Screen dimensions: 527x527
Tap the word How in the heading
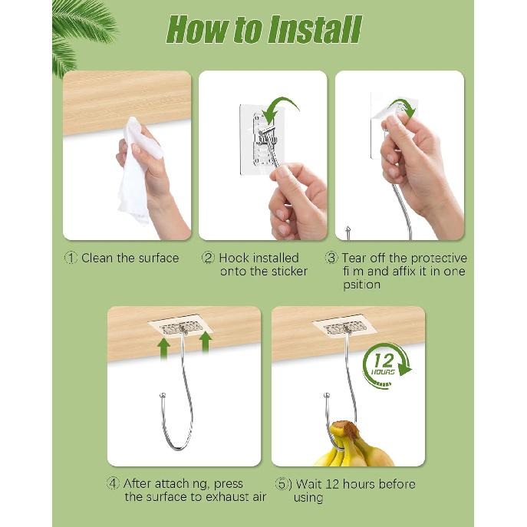[x=196, y=30]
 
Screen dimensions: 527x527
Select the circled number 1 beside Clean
[x=71, y=258]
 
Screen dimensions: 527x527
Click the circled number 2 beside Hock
[x=208, y=258]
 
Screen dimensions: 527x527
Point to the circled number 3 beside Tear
[x=331, y=258]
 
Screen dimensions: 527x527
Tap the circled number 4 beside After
[x=113, y=483]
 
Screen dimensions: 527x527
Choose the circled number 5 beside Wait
[x=282, y=484]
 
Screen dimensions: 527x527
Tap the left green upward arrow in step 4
[x=163, y=349]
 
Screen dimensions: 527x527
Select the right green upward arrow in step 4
[x=205, y=343]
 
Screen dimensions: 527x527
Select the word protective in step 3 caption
[x=439, y=258]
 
